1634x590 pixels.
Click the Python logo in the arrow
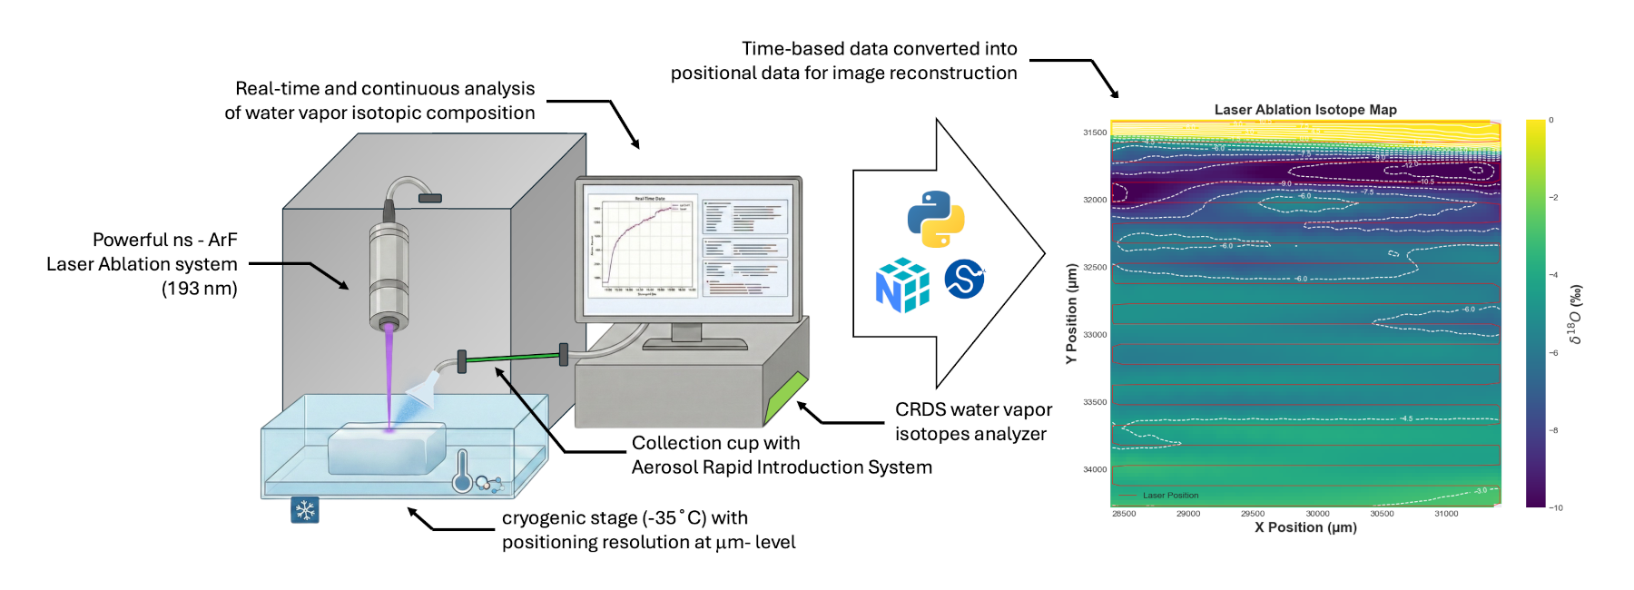click(936, 219)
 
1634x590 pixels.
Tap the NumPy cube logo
click(902, 285)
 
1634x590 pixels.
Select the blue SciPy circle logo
click(964, 279)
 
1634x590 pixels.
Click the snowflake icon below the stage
click(305, 510)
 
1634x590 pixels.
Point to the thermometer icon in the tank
click(462, 470)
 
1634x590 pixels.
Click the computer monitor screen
click(689, 248)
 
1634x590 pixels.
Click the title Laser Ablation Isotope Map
click(1305, 110)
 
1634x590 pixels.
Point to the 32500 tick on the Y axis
click(1095, 268)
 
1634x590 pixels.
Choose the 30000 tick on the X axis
click(1317, 514)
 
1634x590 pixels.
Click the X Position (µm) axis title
click(1305, 527)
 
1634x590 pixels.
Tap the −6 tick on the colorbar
click(1554, 353)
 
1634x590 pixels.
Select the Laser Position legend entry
click(1170, 496)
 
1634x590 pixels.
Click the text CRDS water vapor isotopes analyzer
click(973, 422)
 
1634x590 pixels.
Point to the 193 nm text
click(200, 289)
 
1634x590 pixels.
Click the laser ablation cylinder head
click(389, 272)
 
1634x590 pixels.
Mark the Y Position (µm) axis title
click(1072, 314)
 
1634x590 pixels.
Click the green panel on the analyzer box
click(786, 398)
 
